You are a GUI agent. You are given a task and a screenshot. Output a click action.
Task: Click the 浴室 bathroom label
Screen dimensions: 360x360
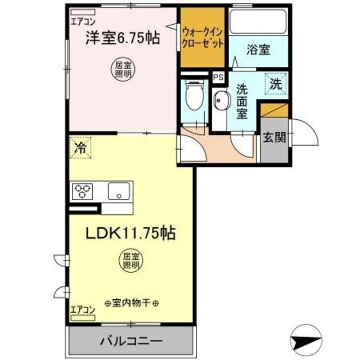pyautogui.click(x=258, y=49)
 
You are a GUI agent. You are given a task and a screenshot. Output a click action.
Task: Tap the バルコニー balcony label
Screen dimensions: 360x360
pyautogui.click(x=132, y=341)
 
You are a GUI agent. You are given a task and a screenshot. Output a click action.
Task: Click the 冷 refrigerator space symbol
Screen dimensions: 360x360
pyautogui.click(x=80, y=149)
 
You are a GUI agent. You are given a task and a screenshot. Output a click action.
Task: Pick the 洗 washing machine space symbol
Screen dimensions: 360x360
pyautogui.click(x=276, y=85)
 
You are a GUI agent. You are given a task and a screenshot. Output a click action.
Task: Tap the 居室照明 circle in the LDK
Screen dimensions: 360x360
pyautogui.click(x=131, y=260)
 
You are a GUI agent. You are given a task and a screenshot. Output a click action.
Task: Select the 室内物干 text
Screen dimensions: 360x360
pyautogui.click(x=132, y=303)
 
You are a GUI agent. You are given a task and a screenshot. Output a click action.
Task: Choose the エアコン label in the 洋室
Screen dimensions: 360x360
pyautogui.click(x=82, y=22)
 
